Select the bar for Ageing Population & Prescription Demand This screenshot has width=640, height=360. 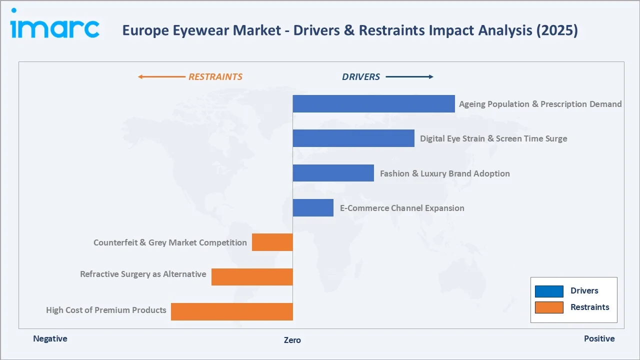[373, 104]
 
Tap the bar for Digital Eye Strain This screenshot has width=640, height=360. [353, 138]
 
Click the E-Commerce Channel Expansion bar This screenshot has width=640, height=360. [313, 208]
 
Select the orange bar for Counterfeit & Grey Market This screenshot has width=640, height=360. [272, 242]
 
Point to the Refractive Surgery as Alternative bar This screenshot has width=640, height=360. [252, 277]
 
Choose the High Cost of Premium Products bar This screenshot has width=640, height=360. [231, 311]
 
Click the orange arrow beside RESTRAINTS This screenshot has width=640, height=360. [161, 77]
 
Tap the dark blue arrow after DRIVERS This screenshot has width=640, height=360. [409, 77]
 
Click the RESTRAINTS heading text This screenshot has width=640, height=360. [215, 77]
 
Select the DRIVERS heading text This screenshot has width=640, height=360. [361, 77]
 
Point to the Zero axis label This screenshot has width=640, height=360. [292, 340]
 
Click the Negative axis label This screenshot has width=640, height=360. [50, 338]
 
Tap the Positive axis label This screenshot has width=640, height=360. [599, 338]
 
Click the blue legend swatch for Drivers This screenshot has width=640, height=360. [549, 291]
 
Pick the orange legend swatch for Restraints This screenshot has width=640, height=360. [549, 307]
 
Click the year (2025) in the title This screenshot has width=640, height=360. [557, 30]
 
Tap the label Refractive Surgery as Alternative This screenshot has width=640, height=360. [143, 274]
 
